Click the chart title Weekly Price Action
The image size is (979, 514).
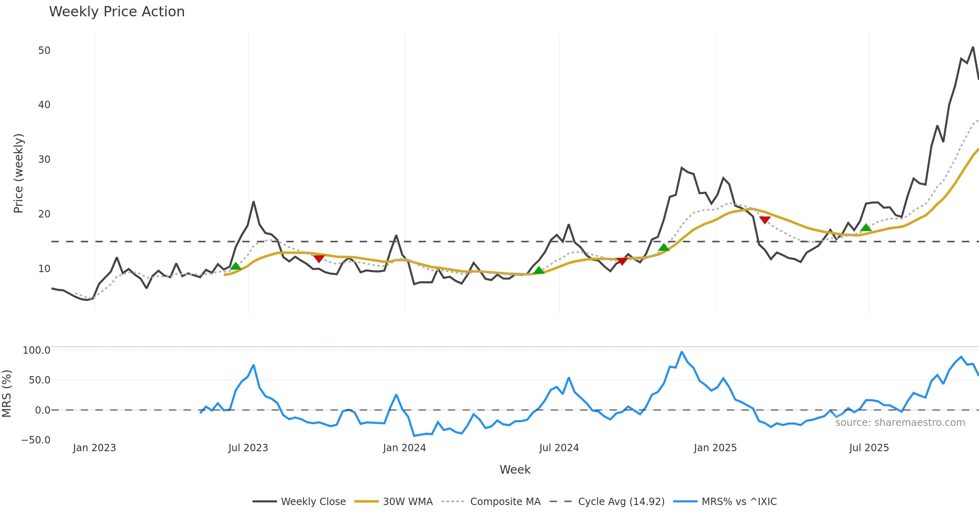[117, 12]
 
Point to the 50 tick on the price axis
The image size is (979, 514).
[44, 51]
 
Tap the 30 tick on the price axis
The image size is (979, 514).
[44, 160]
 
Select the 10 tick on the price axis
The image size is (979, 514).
[44, 269]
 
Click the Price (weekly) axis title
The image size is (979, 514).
[18, 173]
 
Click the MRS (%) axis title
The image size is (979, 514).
[7, 394]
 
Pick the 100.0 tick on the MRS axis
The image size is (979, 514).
[36, 350]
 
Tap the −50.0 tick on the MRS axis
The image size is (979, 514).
[36, 440]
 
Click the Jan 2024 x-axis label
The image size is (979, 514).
[404, 448]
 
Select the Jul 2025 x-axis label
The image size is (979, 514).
[869, 448]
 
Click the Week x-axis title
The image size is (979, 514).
[515, 470]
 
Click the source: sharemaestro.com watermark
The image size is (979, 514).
[900, 423]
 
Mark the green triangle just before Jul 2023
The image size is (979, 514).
[236, 266]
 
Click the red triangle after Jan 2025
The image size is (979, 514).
[765, 220]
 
